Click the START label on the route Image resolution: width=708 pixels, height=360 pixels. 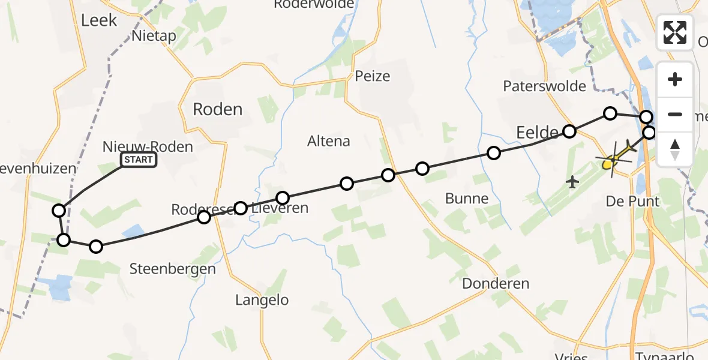[x=139, y=160]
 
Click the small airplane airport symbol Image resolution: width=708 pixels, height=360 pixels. [x=573, y=181]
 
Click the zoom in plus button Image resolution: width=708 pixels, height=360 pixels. [x=675, y=79]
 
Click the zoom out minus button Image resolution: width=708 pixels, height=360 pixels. [x=675, y=114]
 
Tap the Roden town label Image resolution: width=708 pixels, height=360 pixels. [x=217, y=109]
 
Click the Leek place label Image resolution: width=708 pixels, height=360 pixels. [x=98, y=20]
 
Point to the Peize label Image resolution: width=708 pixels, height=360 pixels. [x=372, y=76]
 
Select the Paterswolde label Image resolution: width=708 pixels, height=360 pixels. [x=544, y=86]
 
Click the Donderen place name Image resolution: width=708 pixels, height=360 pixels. [x=496, y=284]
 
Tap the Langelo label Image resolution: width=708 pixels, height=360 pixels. [x=262, y=300]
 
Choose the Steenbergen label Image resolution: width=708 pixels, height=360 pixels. [x=172, y=269]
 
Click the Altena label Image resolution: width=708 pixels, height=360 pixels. [x=328, y=142]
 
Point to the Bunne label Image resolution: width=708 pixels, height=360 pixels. [x=466, y=199]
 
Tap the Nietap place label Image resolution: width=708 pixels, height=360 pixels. [x=154, y=36]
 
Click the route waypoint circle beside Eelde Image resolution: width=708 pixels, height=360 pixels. [x=569, y=131]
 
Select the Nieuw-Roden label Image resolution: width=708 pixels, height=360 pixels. [x=148, y=146]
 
